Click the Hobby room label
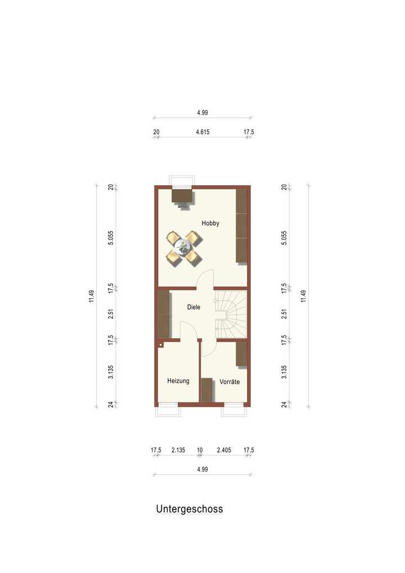coord(210,223)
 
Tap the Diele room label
coord(193,307)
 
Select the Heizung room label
coord(178,381)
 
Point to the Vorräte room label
coord(229,382)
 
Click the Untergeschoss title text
coord(189,509)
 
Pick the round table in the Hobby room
coord(183,246)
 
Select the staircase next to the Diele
coord(231,313)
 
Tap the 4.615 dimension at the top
coord(203,132)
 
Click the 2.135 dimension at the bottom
coord(179,450)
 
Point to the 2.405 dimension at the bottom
coord(224,450)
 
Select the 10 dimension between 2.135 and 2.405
coord(200,450)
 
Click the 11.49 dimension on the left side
coord(92,296)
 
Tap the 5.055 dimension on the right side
coord(285,238)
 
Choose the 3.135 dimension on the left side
coord(111,372)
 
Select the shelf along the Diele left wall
coord(164,314)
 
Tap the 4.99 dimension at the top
coord(202,113)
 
